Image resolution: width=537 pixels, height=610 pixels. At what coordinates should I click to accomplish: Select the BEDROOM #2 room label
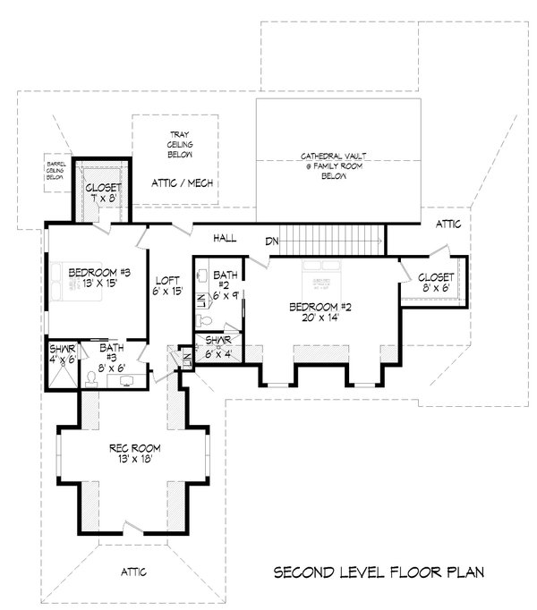pyautogui.click(x=320, y=307)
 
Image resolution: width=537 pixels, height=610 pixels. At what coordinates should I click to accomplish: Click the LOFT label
pyautogui.click(x=168, y=279)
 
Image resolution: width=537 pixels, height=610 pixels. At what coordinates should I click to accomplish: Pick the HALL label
pyautogui.click(x=224, y=239)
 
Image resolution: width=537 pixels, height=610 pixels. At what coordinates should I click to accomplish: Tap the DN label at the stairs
pyautogui.click(x=272, y=241)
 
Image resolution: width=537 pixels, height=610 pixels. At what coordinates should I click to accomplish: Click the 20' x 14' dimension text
pyautogui.click(x=320, y=319)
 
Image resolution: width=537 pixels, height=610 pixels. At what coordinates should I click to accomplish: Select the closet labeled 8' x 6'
pyautogui.click(x=436, y=283)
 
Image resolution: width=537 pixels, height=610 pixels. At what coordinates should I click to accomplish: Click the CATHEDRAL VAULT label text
pyautogui.click(x=326, y=156)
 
